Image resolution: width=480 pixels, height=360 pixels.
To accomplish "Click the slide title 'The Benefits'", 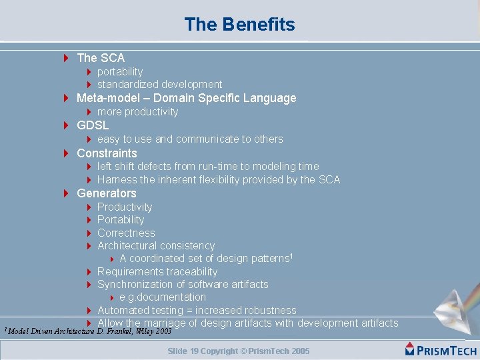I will [x=239, y=25].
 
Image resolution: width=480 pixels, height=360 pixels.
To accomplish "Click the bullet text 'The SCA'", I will [x=101, y=58].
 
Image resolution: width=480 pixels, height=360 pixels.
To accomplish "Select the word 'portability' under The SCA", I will [x=120, y=71].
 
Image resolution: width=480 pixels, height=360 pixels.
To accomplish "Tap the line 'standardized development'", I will [x=159, y=84].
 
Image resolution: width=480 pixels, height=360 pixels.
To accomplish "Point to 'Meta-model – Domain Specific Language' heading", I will [x=186, y=98].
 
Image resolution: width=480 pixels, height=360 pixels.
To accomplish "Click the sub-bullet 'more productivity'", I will [x=137, y=111].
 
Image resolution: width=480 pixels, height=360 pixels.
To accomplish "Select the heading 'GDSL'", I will [x=93, y=125].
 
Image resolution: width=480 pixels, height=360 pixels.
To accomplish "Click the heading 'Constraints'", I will [x=107, y=153].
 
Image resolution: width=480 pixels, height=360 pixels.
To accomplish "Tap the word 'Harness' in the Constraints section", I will [x=117, y=179].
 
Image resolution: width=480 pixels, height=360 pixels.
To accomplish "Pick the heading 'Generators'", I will [x=106, y=193].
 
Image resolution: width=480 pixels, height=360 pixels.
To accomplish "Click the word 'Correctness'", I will [x=126, y=233].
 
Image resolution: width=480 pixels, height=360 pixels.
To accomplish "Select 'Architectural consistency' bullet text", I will [x=156, y=245].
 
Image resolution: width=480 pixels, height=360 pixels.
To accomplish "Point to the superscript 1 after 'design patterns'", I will [x=291, y=255].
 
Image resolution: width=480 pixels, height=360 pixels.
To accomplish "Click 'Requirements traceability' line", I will [x=157, y=271].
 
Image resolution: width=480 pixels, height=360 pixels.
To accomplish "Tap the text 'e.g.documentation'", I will [x=163, y=297].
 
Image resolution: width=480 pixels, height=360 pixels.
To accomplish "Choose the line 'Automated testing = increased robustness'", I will [x=197, y=310].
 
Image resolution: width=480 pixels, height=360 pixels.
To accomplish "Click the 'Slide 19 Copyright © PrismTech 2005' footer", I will [x=239, y=351].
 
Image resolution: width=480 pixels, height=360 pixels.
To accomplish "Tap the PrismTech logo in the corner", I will [x=441, y=349].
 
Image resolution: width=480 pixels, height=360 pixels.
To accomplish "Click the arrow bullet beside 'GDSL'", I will [x=67, y=125].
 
